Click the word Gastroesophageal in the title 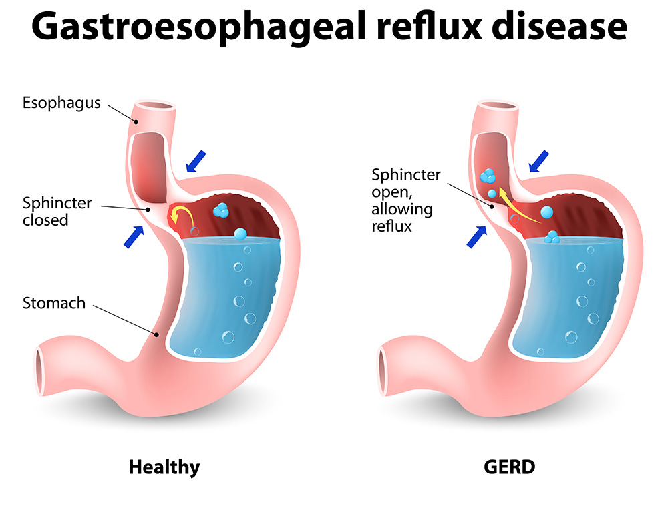click(200, 27)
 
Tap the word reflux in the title click(430, 27)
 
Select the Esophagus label click(61, 103)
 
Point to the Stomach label click(54, 303)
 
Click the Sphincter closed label click(57, 211)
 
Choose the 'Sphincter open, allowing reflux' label click(406, 200)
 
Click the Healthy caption click(164, 467)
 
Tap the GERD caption click(509, 467)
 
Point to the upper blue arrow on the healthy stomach click(196, 162)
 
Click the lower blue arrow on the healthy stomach click(134, 237)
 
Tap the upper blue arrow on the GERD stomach click(539, 162)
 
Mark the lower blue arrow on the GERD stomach click(477, 237)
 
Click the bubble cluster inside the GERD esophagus click(488, 176)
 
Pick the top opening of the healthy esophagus click(155, 106)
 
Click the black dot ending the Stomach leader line click(156, 334)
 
